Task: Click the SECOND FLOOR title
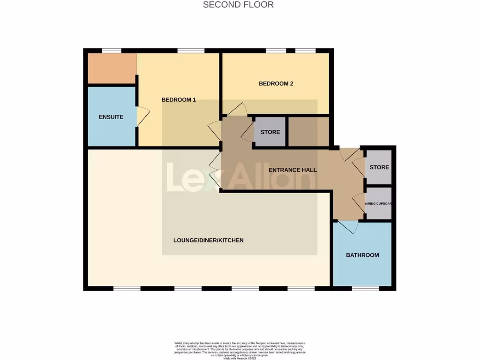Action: click(x=238, y=5)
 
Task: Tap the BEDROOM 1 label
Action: click(x=179, y=100)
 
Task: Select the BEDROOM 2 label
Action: click(x=276, y=84)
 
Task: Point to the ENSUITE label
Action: click(x=111, y=117)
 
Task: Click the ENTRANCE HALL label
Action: click(x=292, y=170)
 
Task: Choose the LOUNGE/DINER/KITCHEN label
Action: click(x=209, y=240)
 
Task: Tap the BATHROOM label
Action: click(x=362, y=255)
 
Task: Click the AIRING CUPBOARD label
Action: click(x=378, y=204)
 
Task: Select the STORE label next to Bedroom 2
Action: click(x=270, y=132)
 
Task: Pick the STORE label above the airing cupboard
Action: click(x=379, y=168)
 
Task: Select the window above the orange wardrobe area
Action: click(x=112, y=51)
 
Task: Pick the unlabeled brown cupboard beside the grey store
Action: click(x=308, y=132)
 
